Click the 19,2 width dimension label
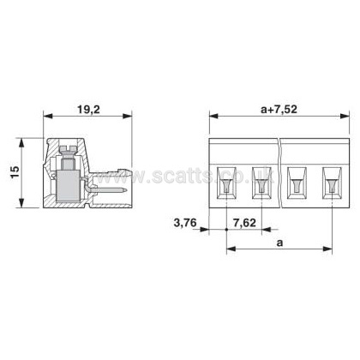click(88, 109)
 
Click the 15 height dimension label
click(15, 172)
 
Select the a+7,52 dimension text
click(279, 109)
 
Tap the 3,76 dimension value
click(185, 223)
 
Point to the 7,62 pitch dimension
click(244, 223)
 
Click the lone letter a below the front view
click(279, 243)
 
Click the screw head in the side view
click(68, 149)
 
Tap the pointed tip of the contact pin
click(126, 189)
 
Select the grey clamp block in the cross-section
click(68, 185)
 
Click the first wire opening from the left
click(226, 183)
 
